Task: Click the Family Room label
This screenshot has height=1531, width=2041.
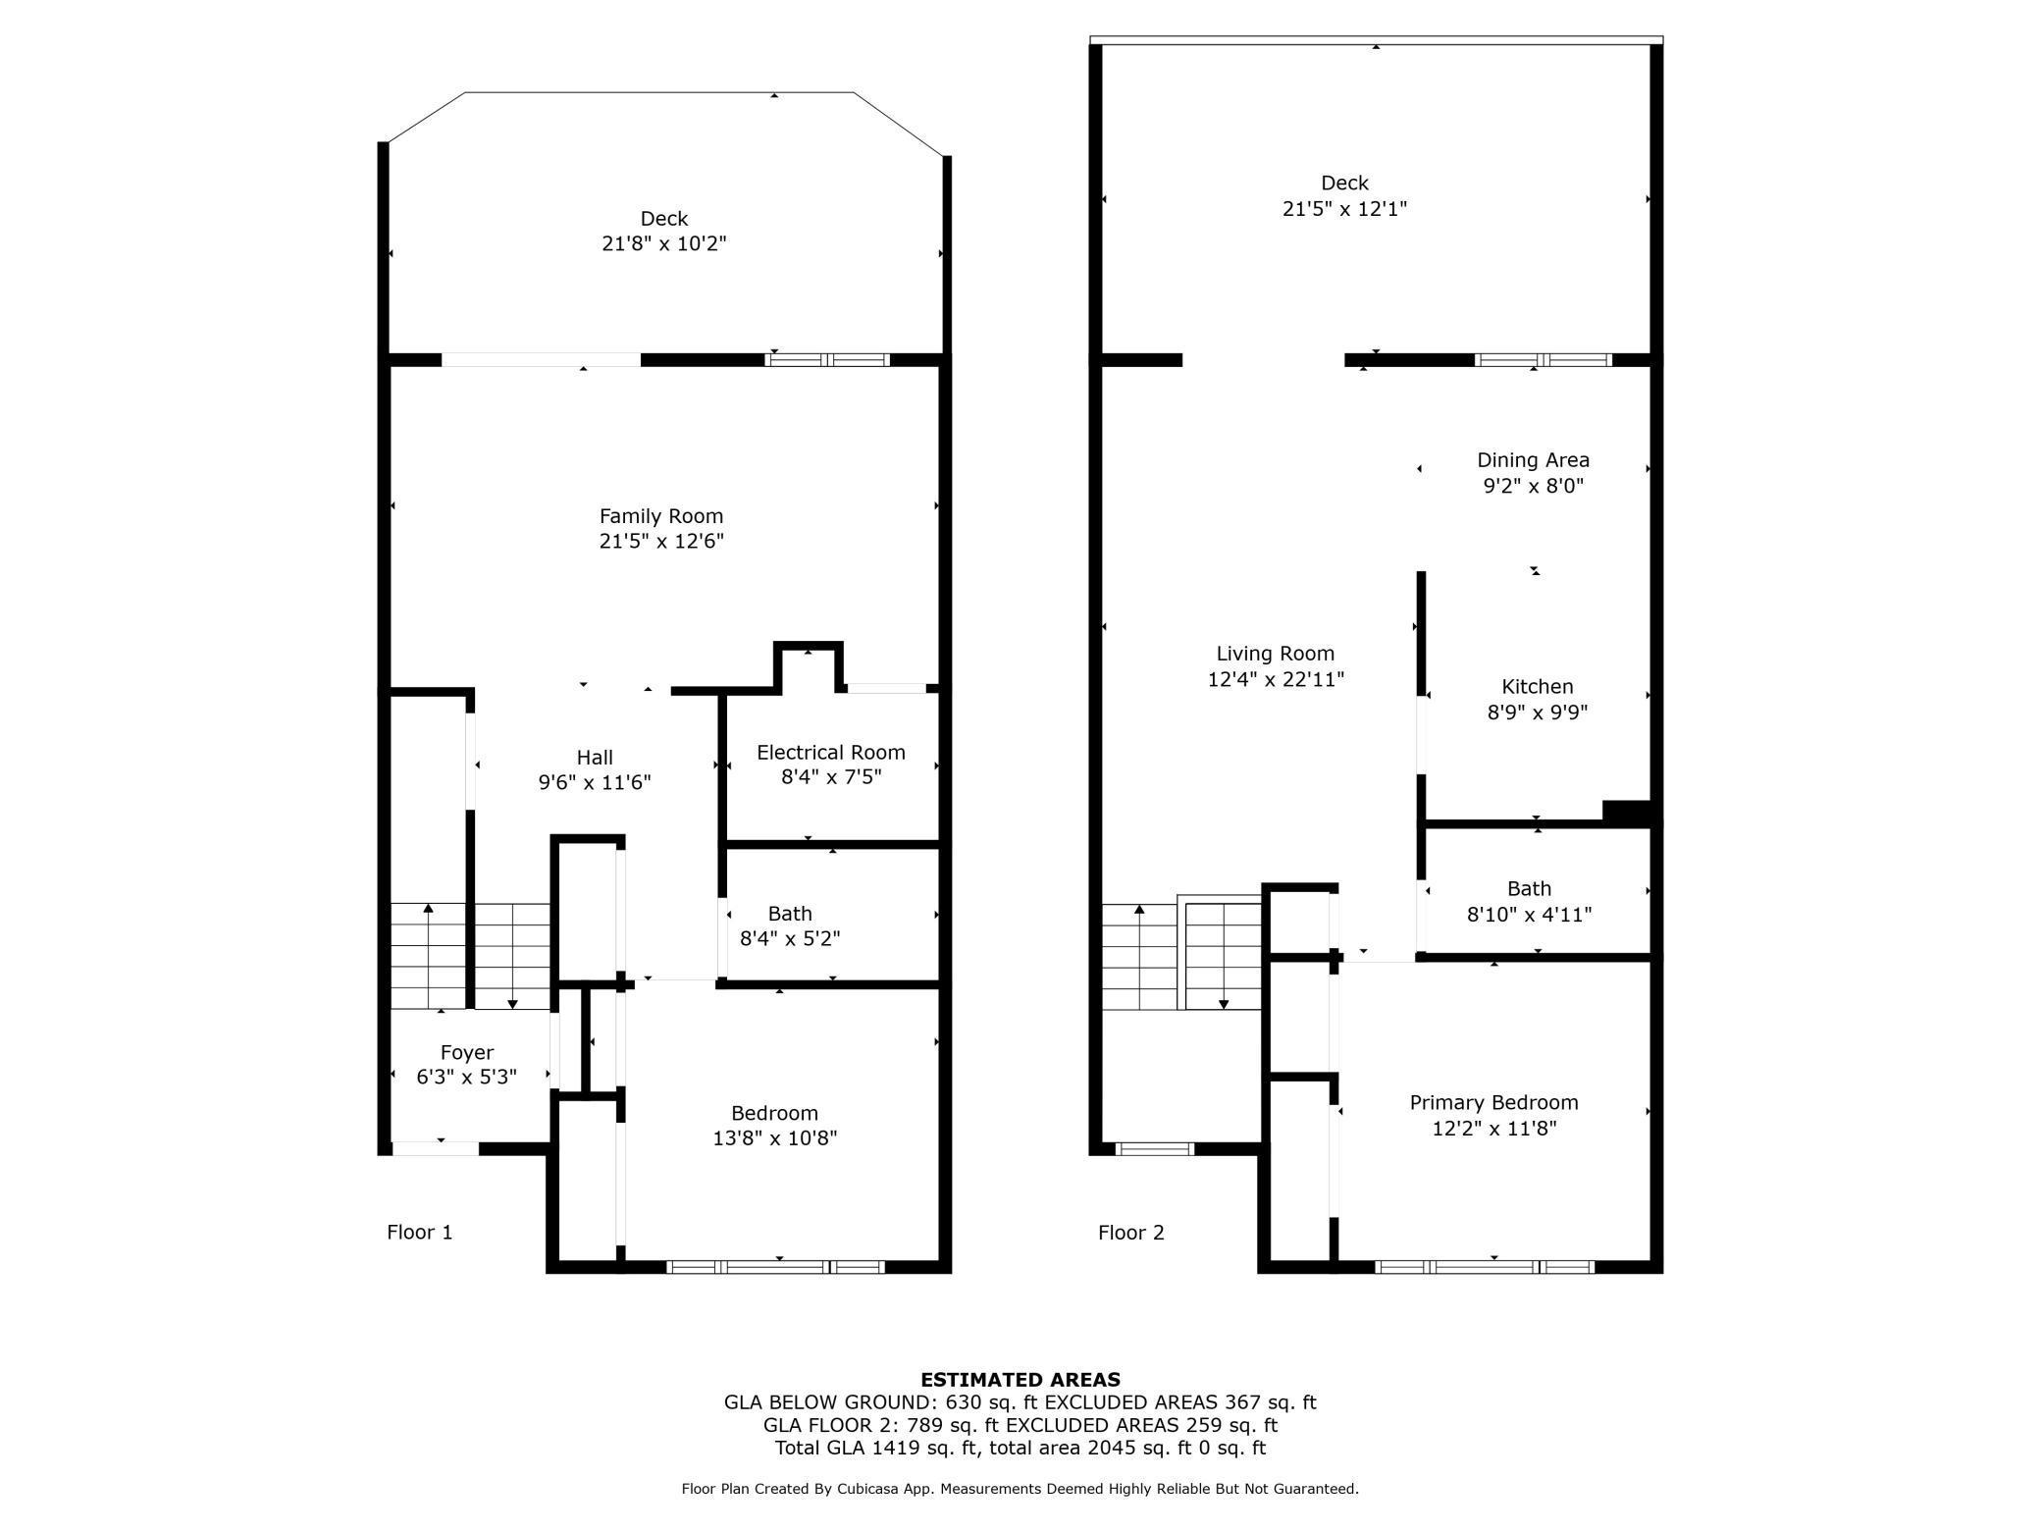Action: pyautogui.click(x=661, y=516)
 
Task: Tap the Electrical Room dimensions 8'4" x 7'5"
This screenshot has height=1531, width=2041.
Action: pyautogui.click(x=830, y=778)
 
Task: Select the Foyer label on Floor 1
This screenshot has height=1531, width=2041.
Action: pyautogui.click(x=467, y=1053)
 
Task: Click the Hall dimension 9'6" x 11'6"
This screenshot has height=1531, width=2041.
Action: pyautogui.click(x=595, y=783)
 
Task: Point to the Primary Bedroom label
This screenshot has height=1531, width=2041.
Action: pyautogui.click(x=1493, y=1103)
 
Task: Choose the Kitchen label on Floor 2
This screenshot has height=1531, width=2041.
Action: pyautogui.click(x=1537, y=687)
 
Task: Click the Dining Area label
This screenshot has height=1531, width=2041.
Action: pyautogui.click(x=1533, y=460)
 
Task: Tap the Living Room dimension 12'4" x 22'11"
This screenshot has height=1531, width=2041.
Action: pyautogui.click(x=1276, y=679)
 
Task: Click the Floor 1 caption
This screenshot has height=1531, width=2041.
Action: pyautogui.click(x=420, y=1233)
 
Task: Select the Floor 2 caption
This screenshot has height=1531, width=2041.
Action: pyautogui.click(x=1130, y=1233)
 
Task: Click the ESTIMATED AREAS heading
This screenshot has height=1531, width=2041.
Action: pyautogui.click(x=1020, y=1380)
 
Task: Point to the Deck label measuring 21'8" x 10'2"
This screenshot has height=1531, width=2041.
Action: pyautogui.click(x=664, y=219)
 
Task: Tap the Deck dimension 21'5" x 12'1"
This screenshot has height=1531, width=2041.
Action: pyautogui.click(x=1344, y=209)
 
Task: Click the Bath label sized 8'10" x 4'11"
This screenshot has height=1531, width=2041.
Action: pyautogui.click(x=1529, y=889)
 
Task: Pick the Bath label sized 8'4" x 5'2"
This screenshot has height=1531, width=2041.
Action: pyautogui.click(x=790, y=914)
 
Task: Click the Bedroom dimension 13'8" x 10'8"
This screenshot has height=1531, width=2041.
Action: pyautogui.click(x=774, y=1138)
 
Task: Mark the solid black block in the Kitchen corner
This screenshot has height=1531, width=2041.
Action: pyautogui.click(x=1627, y=812)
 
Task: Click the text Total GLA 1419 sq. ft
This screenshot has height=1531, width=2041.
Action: pyautogui.click(x=878, y=1449)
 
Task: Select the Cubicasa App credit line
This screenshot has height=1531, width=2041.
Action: pyautogui.click(x=1020, y=1489)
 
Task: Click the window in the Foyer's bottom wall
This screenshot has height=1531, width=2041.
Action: pyautogui.click(x=436, y=1148)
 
